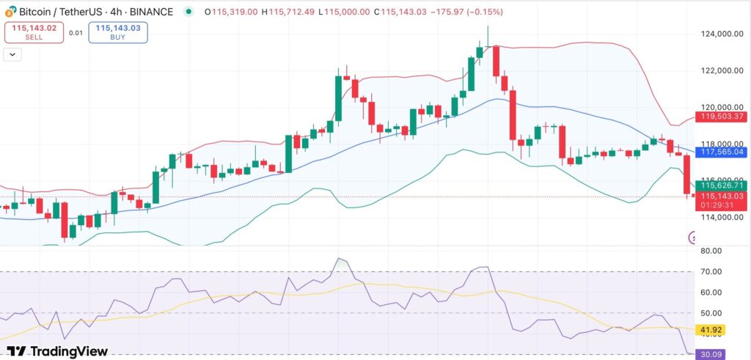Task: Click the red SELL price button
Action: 34,32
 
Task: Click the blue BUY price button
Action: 118,32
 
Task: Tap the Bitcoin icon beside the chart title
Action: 10,12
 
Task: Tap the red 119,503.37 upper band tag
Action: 722,117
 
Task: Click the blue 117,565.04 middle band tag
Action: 722,152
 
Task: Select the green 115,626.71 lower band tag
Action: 722,187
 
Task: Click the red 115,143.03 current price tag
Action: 722,196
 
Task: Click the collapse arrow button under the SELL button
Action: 12,54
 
